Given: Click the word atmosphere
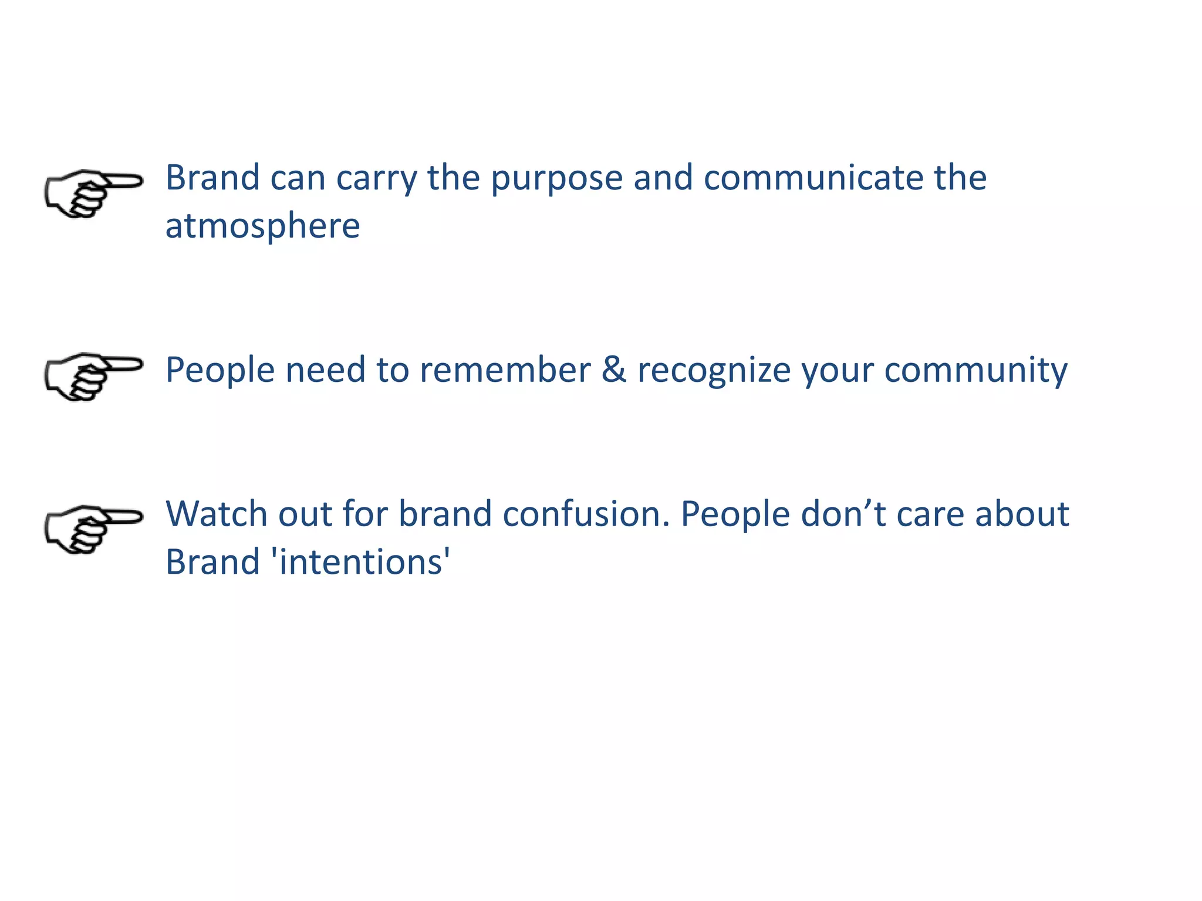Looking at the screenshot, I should [x=262, y=226].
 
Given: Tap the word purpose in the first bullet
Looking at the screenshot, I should [x=556, y=178].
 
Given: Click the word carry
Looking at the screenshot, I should [x=376, y=178].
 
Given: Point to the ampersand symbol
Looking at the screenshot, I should [x=614, y=370].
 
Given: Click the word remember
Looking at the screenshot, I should [x=505, y=370].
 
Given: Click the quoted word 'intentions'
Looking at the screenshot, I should [x=361, y=563].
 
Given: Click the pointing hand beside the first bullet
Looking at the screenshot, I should [x=93, y=194].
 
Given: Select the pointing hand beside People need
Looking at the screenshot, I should [x=93, y=377].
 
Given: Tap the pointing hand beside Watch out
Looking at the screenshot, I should [x=93, y=529].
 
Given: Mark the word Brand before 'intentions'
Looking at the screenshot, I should [x=212, y=563].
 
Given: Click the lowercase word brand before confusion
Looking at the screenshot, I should [x=445, y=514].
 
